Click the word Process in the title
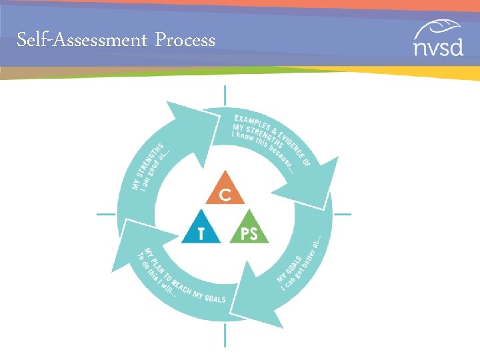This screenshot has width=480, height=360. (185, 41)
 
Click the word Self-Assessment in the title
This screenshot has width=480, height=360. (81, 40)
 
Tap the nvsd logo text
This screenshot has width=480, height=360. (437, 48)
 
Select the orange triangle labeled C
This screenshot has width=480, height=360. (225, 189)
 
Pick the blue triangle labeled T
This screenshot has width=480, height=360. (200, 229)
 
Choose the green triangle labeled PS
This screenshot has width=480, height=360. (249, 229)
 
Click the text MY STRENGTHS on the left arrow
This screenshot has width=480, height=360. (149, 161)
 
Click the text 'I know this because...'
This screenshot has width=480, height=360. (264, 151)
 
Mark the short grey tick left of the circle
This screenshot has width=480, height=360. (106, 215)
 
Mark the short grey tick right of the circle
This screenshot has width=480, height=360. (342, 215)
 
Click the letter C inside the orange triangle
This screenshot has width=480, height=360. (226, 194)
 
